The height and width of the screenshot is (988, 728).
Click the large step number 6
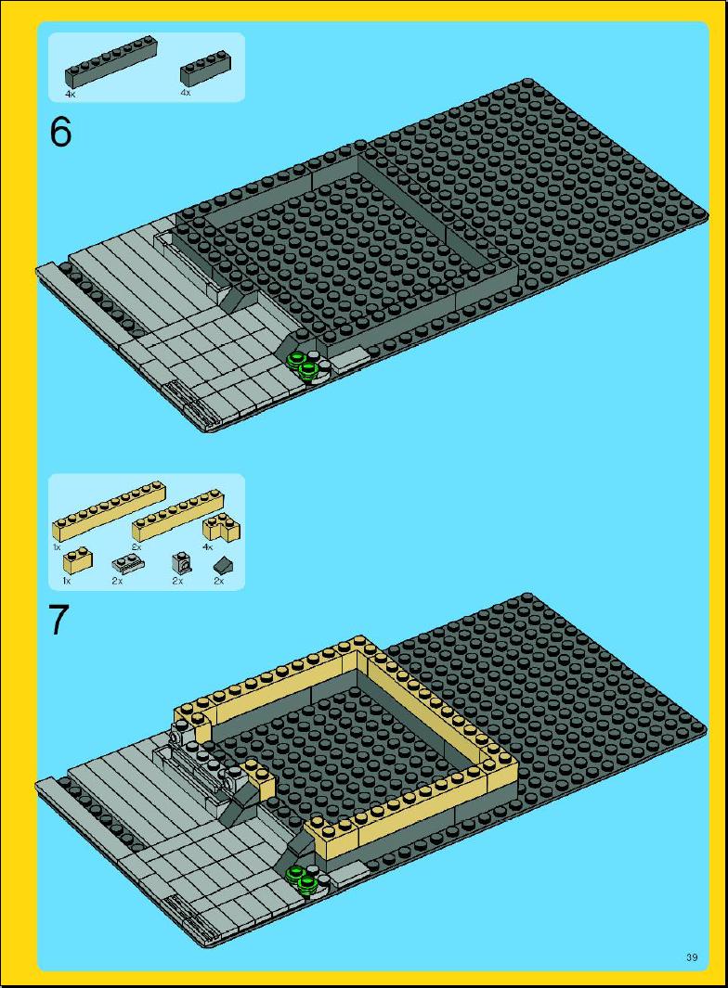pyautogui.click(x=60, y=132)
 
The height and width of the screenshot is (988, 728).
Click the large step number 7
pyautogui.click(x=58, y=620)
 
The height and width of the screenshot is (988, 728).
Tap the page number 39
pyautogui.click(x=692, y=957)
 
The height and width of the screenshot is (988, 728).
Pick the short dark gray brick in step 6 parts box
pyautogui.click(x=204, y=71)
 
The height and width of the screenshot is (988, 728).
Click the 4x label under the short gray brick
pyautogui.click(x=186, y=93)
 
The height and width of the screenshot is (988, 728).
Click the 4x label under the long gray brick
pyautogui.click(x=71, y=95)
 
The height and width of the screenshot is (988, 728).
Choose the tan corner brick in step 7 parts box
pyautogui.click(x=221, y=529)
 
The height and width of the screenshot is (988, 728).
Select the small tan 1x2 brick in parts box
pyautogui.click(x=77, y=560)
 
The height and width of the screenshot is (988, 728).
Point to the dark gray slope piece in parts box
pyautogui.click(x=221, y=564)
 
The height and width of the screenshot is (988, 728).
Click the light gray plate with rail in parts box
pyautogui.click(x=123, y=562)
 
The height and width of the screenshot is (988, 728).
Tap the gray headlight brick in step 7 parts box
pyautogui.click(x=179, y=562)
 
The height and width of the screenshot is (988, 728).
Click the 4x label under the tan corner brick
pyautogui.click(x=208, y=547)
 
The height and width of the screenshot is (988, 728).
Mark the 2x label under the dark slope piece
pyautogui.click(x=218, y=581)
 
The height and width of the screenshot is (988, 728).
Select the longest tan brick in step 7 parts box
pyautogui.click(x=109, y=511)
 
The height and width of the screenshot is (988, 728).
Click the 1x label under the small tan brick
pyautogui.click(x=67, y=581)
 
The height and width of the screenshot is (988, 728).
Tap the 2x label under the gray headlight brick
pyautogui.click(x=177, y=581)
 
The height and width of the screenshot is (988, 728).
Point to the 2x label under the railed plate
pyautogui.click(x=118, y=581)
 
